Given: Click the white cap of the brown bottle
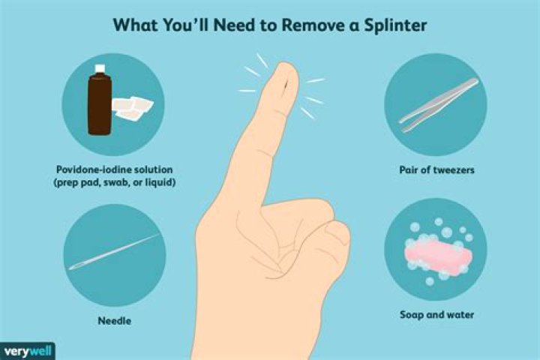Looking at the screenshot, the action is [100, 68].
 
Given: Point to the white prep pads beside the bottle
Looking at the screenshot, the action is [133, 107].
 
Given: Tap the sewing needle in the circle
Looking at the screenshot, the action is [114, 252].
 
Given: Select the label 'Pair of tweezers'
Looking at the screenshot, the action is [436, 169].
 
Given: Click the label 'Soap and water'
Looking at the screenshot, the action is [436, 314].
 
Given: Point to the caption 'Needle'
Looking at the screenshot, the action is [115, 321].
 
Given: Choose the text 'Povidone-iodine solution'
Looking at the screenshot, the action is [114, 169].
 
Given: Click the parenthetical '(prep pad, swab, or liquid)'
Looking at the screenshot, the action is [114, 182].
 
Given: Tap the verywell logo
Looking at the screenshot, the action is [28, 352].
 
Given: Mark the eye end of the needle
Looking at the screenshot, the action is [73, 267].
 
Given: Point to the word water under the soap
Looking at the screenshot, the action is [460, 314].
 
